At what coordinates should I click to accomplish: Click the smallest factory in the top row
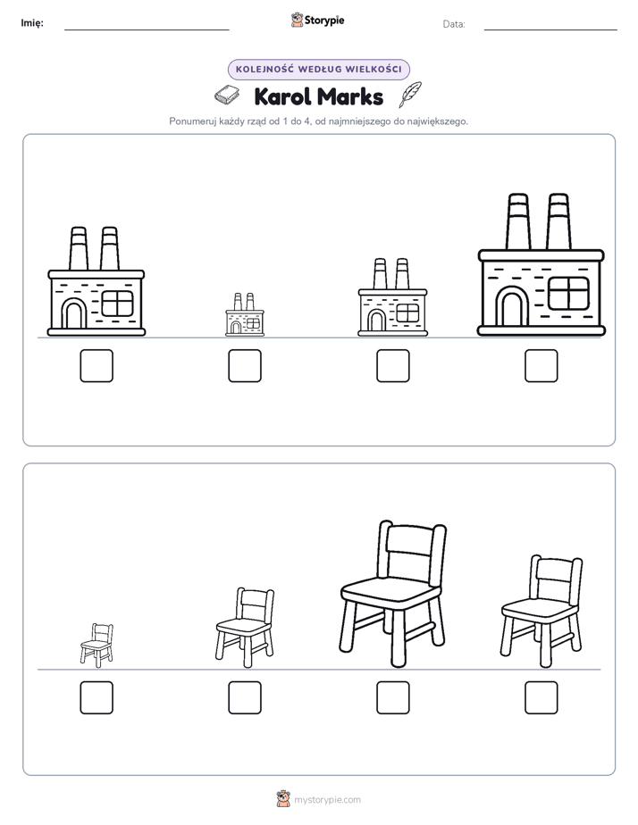(x=245, y=314)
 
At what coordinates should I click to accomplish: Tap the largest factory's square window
(x=568, y=293)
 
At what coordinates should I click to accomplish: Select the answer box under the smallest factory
(x=245, y=366)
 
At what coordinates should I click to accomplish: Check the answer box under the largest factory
(x=541, y=366)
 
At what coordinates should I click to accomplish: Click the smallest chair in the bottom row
(x=97, y=645)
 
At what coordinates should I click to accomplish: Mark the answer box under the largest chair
(x=393, y=697)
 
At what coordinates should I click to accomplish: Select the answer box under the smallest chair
(x=97, y=697)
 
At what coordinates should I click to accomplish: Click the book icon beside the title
(x=227, y=96)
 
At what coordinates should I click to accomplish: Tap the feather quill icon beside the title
(x=410, y=94)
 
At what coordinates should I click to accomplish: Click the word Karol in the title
(x=283, y=96)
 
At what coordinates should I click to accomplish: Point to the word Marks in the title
(x=350, y=96)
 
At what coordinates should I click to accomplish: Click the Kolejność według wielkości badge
(x=319, y=70)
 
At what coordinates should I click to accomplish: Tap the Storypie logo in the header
(x=318, y=21)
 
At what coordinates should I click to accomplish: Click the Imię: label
(x=32, y=22)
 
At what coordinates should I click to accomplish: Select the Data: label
(x=454, y=24)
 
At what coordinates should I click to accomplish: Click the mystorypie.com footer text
(x=327, y=800)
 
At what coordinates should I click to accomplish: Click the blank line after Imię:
(x=147, y=30)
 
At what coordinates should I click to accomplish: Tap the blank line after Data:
(x=550, y=30)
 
